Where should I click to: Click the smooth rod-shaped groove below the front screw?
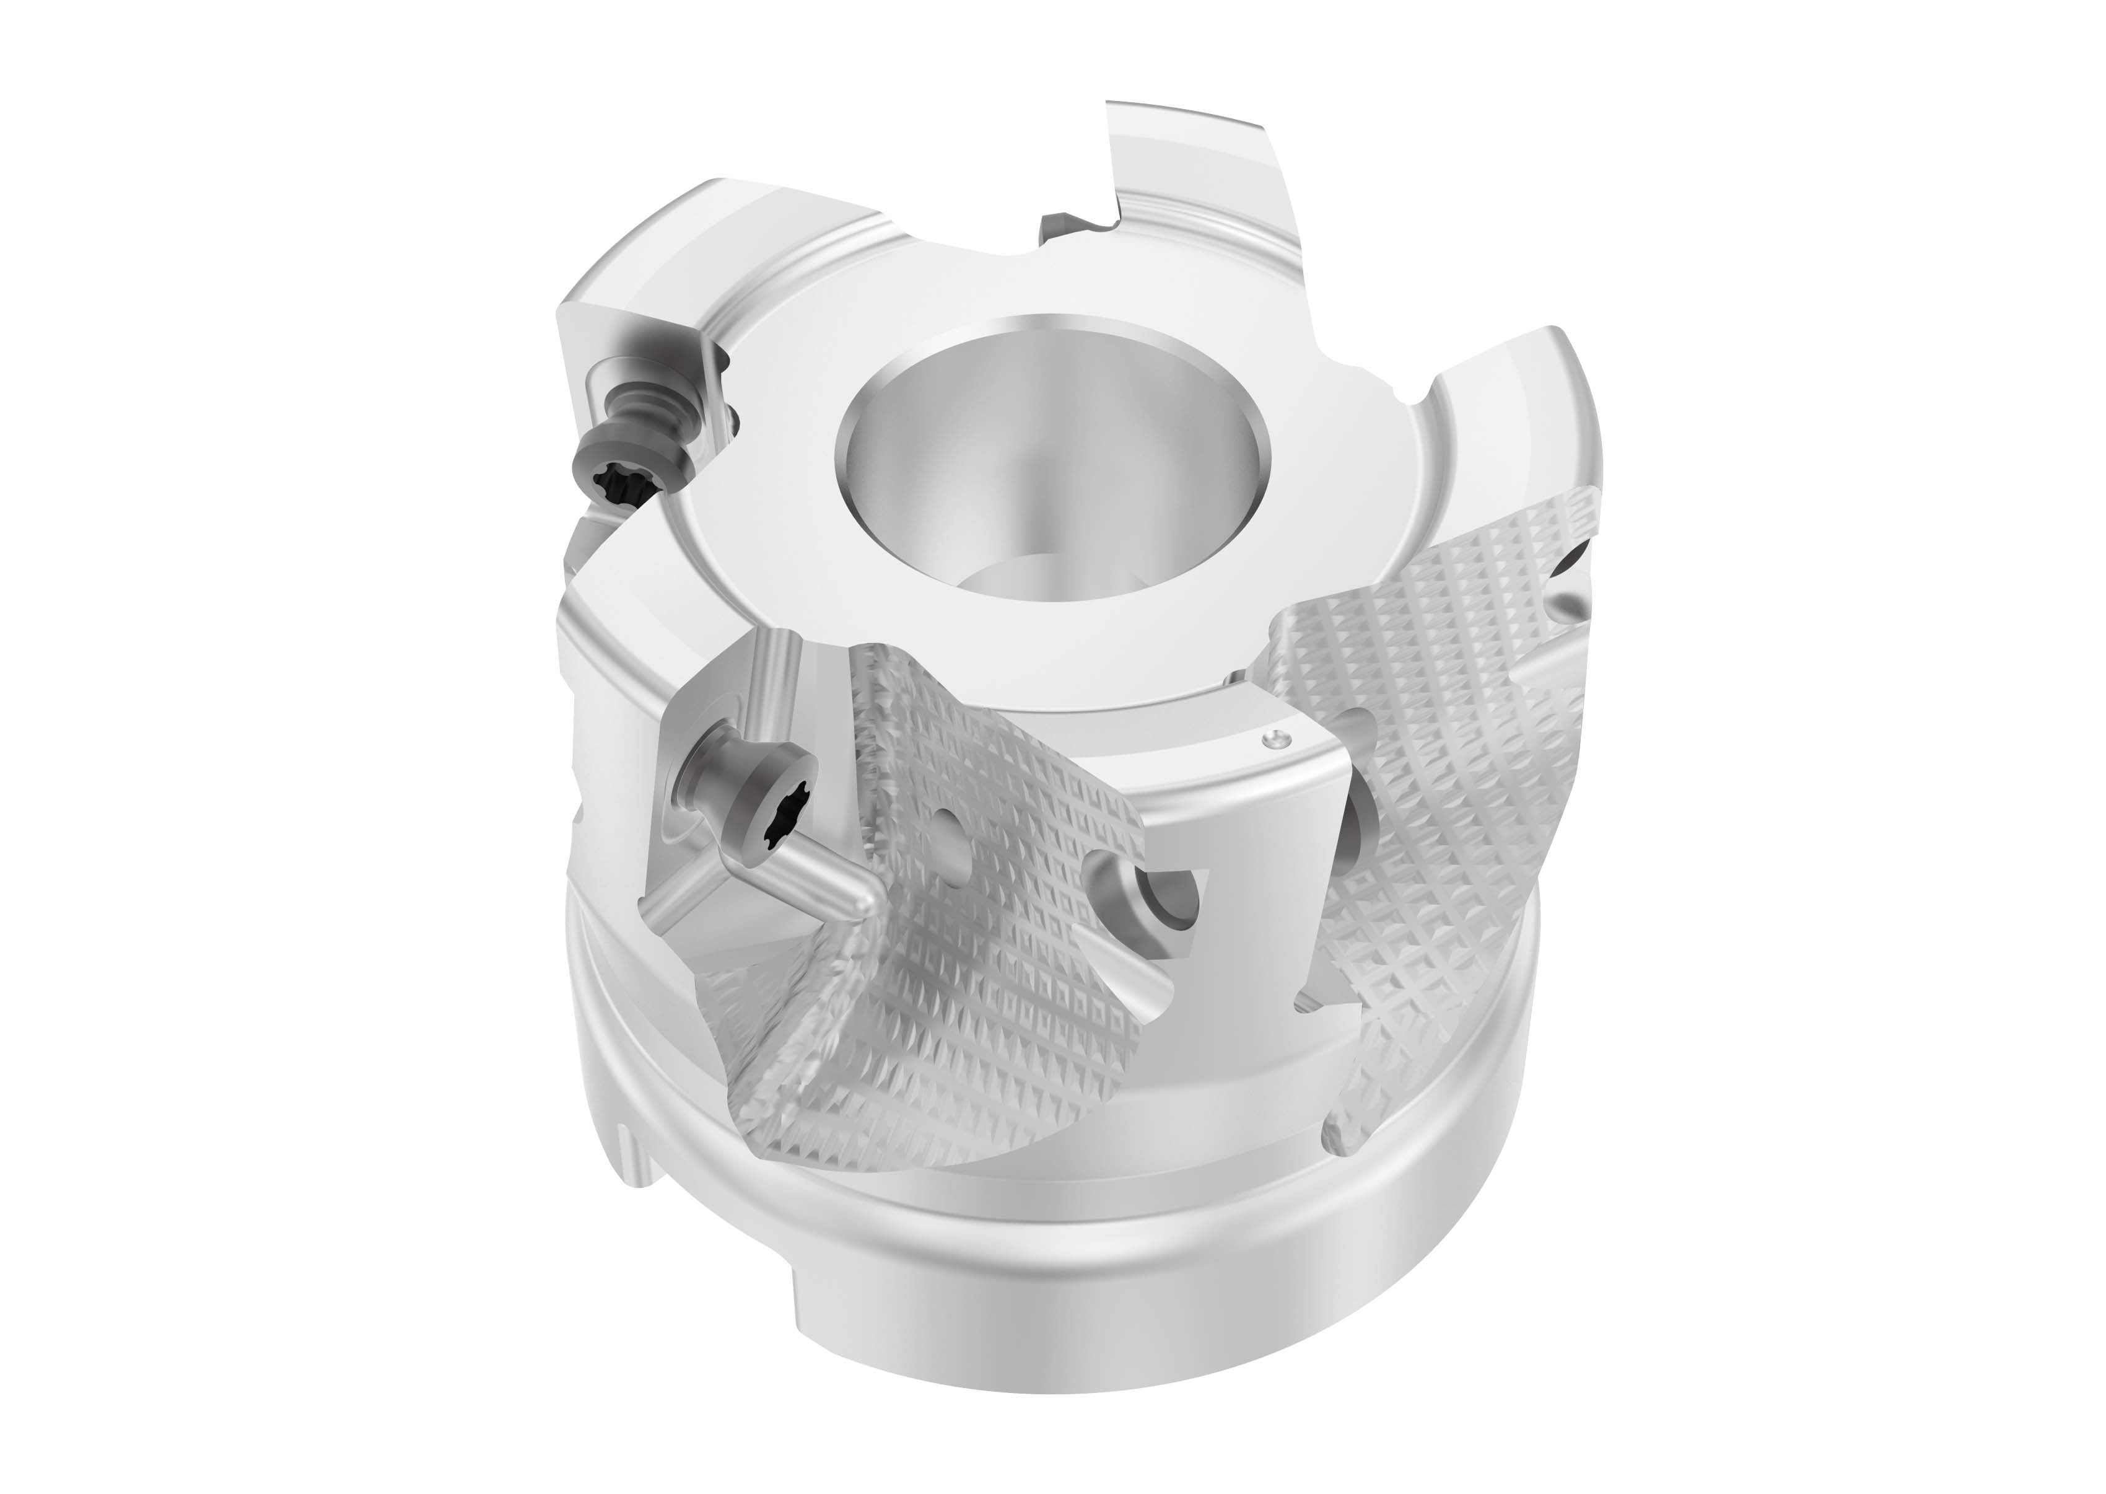tap(810, 874)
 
